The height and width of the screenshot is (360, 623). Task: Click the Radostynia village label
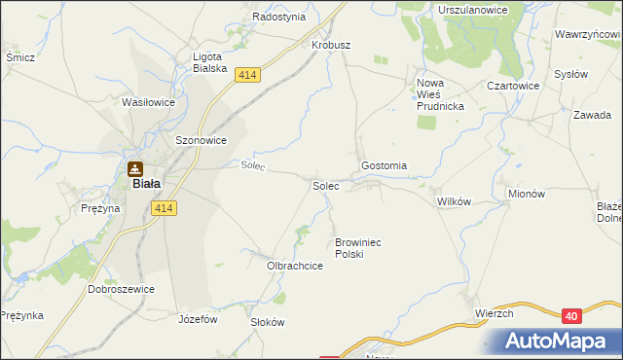coord(279,17)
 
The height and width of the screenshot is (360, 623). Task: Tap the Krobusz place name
coord(330,46)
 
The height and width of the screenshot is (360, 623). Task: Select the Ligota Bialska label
coord(209,62)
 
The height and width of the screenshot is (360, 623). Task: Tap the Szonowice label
coord(201,140)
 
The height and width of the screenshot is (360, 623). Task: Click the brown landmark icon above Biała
coord(136,167)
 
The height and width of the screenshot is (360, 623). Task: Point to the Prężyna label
coord(100,208)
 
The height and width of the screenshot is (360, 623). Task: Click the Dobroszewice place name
coord(122,289)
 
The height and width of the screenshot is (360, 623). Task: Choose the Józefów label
coord(198,318)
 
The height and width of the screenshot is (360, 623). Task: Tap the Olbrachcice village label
coord(295,265)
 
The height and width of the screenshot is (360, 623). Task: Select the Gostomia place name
coord(384,166)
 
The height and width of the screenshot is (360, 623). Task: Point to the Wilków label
coord(454,201)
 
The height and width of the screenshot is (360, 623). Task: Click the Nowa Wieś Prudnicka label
coord(442,94)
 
